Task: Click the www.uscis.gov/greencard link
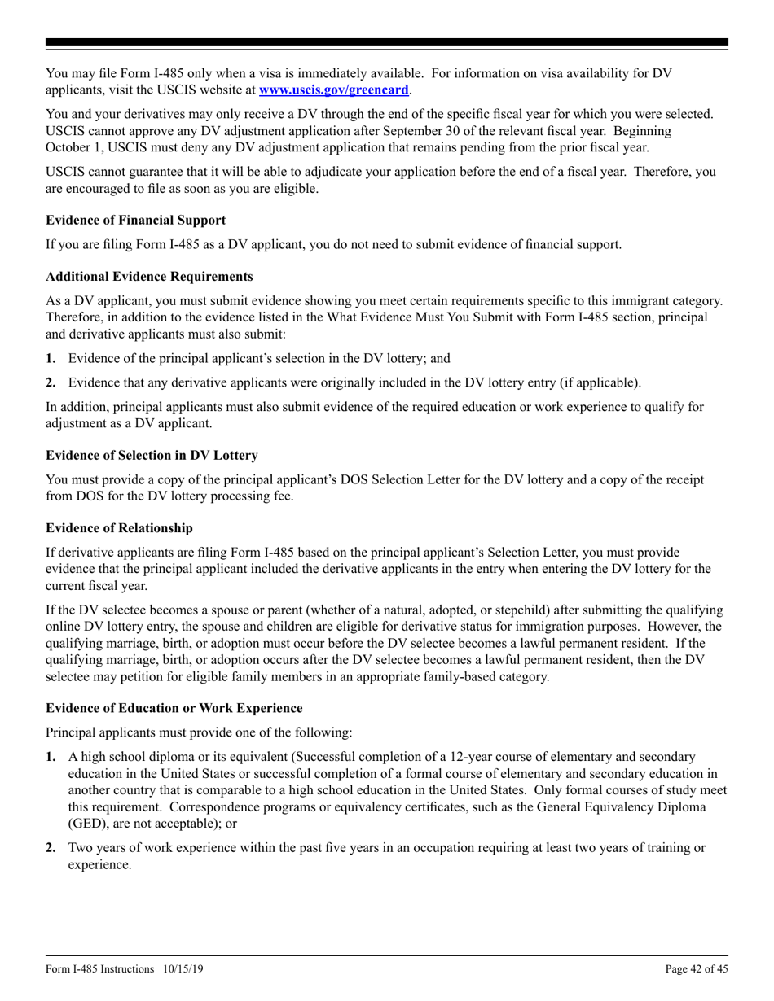click(x=334, y=89)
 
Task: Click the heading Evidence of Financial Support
click(x=135, y=220)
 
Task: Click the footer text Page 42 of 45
click(x=697, y=968)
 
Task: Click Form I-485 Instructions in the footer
click(x=100, y=968)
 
